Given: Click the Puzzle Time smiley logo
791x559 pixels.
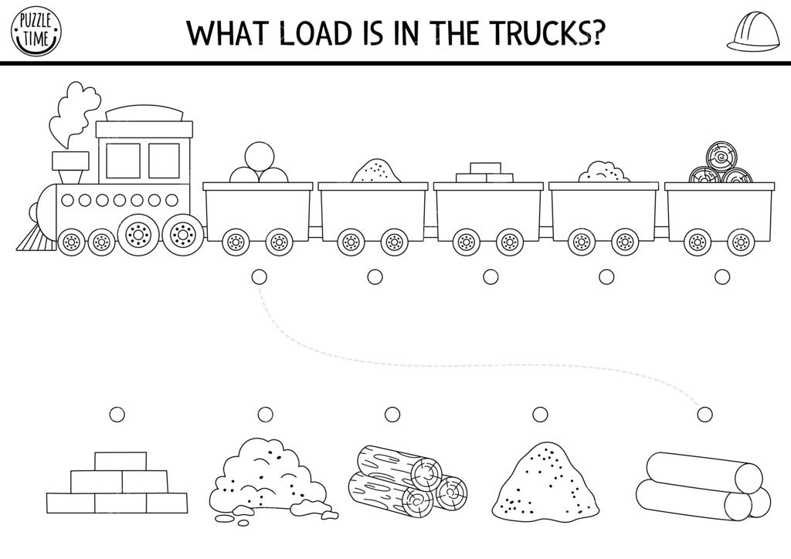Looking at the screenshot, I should (x=36, y=32).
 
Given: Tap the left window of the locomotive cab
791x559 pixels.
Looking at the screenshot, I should (x=123, y=161).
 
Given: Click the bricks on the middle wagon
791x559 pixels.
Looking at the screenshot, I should (x=485, y=172).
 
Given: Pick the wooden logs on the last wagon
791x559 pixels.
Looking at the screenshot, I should (x=720, y=165).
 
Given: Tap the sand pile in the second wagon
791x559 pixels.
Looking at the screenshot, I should (x=375, y=171).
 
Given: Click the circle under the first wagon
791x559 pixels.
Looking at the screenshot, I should (x=259, y=276).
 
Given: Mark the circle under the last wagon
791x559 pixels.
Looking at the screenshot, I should (x=721, y=276).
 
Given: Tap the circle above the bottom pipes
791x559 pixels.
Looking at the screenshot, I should (x=704, y=415).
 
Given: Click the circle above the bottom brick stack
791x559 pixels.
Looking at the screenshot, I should (x=117, y=415).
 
